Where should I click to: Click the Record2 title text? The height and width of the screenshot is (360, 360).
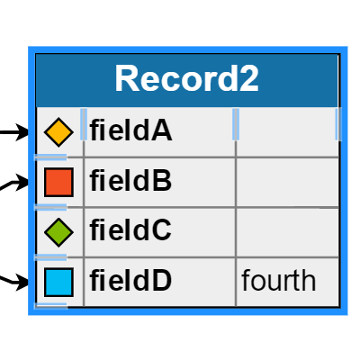187,79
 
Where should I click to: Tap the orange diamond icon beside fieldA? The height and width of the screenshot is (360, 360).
58,132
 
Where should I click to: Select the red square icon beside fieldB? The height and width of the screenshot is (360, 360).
58,183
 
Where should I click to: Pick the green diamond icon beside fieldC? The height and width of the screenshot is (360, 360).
58,232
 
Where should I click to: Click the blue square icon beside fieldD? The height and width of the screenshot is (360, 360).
58,282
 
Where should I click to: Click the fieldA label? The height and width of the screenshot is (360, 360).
130,131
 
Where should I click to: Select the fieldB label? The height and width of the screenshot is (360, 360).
130,182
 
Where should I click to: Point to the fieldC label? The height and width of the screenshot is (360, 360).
130,231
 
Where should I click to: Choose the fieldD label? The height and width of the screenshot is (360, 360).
130,282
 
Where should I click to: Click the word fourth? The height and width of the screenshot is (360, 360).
279,281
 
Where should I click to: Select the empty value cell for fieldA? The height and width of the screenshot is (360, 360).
287,131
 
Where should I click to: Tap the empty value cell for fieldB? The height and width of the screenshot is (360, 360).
287,182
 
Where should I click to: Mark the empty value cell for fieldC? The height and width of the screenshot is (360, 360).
287,231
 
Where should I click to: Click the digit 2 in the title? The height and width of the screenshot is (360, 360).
248,79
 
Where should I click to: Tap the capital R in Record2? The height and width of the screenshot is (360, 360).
127,79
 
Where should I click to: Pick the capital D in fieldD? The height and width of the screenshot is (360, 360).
162,282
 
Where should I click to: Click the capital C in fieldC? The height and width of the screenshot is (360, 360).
162,231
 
